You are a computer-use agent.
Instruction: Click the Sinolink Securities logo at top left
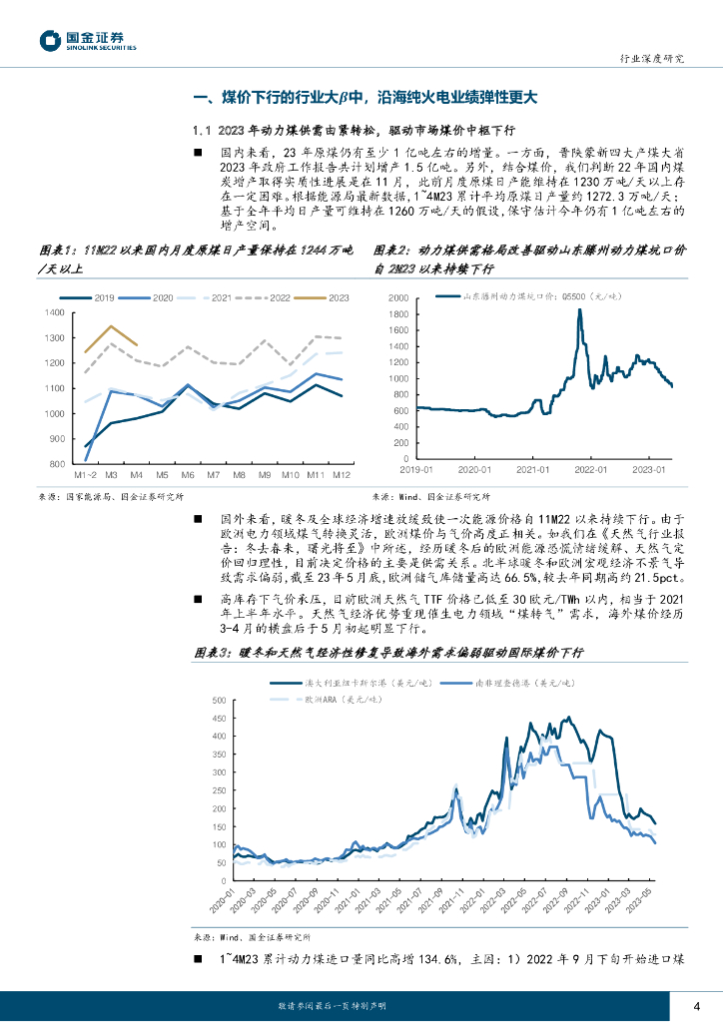click(89, 40)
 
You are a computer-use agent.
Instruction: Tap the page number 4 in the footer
click(696, 1005)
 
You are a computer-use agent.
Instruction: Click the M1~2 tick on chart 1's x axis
click(86, 473)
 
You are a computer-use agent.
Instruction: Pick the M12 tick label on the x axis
click(341, 473)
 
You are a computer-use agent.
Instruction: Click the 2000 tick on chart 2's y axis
click(397, 270)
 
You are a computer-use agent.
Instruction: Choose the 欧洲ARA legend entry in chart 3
click(326, 702)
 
